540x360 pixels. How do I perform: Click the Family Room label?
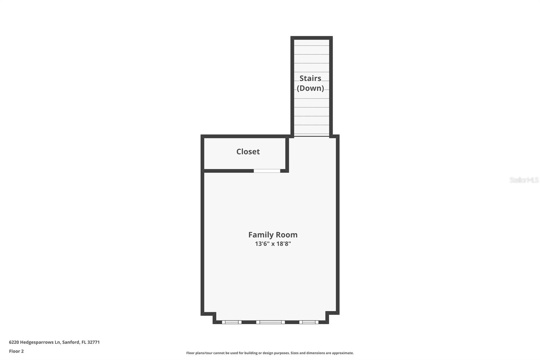click(273, 235)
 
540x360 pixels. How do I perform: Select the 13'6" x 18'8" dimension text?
click(273, 244)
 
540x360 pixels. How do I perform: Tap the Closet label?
click(248, 152)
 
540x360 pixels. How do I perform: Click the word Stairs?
click(310, 78)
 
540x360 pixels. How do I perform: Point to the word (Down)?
click(310, 88)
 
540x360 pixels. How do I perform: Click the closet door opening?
click(267, 171)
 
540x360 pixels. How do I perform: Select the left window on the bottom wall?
click(232, 322)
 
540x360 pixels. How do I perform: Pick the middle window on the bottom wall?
click(270, 322)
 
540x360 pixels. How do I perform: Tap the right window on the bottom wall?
click(308, 322)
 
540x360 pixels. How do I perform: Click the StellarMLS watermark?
click(524, 180)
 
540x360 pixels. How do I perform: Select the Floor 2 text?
click(16, 351)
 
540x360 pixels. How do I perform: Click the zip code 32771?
click(93, 342)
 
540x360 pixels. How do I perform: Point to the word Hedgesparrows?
click(37, 342)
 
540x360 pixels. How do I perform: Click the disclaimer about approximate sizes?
click(270, 353)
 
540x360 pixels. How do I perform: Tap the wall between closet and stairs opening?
click(287, 154)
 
